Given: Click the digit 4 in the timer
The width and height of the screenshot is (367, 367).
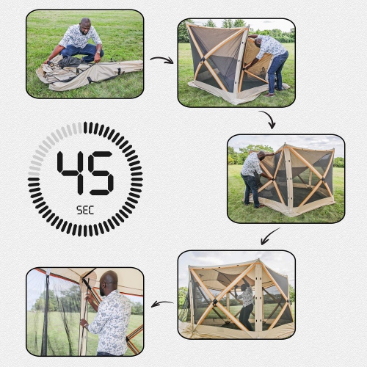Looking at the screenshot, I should (72, 172).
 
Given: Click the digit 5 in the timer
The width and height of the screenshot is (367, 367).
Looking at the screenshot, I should (100, 172).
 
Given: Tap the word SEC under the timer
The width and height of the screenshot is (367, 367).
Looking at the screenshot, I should (85, 208).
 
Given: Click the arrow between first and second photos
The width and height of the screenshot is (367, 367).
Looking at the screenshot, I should (161, 59).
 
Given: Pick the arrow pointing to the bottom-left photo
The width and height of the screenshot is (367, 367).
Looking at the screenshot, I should (161, 303).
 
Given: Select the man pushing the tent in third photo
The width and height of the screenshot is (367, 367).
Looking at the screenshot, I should (252, 176).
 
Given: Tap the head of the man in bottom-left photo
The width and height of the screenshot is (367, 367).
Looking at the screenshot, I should (109, 283).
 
